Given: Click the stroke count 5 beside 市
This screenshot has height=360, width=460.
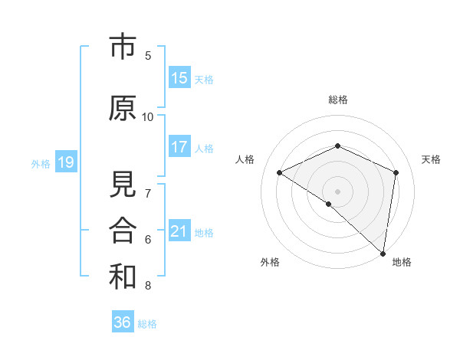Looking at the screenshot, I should [x=148, y=55].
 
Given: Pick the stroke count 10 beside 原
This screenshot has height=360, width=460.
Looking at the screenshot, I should [x=148, y=116].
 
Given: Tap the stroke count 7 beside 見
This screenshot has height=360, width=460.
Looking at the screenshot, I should [x=148, y=193].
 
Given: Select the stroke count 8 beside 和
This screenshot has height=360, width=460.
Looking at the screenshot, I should [x=148, y=286].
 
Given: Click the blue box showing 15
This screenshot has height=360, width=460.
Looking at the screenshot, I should [x=179, y=78].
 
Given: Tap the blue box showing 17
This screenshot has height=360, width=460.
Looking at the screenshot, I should [x=179, y=147].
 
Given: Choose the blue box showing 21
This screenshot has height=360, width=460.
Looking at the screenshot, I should [x=179, y=231].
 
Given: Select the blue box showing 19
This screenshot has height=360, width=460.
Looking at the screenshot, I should [x=65, y=162].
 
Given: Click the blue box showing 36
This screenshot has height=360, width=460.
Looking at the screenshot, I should [x=123, y=322].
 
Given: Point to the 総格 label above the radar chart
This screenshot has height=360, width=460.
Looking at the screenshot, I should [x=338, y=100].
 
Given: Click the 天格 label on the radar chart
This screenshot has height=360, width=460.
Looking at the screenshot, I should [x=432, y=159].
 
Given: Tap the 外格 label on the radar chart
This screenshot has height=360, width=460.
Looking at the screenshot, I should [x=270, y=262].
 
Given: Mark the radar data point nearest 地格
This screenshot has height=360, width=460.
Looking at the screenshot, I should [x=383, y=253].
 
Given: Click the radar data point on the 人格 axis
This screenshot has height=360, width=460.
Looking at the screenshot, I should [x=280, y=172].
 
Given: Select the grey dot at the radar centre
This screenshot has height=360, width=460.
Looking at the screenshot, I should [x=338, y=191].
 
